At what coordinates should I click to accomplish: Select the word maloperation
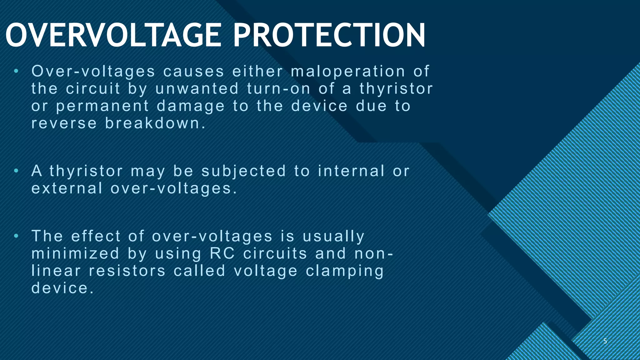(x=348, y=71)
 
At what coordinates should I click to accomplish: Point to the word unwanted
(x=197, y=88)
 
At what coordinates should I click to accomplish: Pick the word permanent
(x=102, y=106)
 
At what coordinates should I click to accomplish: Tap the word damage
(x=191, y=106)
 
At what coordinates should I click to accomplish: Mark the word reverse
(x=64, y=123)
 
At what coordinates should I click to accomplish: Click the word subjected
(x=244, y=171)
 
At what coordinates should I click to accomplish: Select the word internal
(x=351, y=171)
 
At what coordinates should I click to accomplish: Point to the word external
(x=67, y=188)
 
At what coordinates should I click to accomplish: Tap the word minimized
(x=76, y=253)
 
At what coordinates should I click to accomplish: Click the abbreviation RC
(x=222, y=253)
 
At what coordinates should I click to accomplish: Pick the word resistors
(x=127, y=271)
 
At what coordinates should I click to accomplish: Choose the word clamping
(x=345, y=271)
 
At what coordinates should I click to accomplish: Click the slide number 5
(x=605, y=341)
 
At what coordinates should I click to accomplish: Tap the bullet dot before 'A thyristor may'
(x=16, y=171)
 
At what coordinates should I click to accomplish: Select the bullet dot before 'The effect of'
(x=16, y=236)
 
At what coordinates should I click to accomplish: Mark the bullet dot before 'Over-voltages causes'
(x=16, y=72)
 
